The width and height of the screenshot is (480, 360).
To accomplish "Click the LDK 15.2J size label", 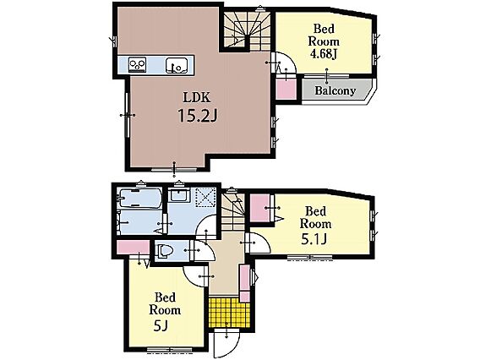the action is pos(198,117).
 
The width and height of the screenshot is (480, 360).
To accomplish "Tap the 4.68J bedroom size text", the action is pos(324,54).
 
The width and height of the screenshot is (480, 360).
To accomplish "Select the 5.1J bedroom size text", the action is pos(314,239).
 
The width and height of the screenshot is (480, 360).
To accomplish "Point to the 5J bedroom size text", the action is pos(161,327).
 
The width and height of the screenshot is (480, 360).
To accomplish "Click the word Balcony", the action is pos(335,90).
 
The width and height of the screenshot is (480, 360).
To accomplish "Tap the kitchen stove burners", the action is pos(137,64).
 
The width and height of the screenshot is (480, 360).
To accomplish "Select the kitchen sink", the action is pos(176,65).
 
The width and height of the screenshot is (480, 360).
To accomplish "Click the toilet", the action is pos(166,251).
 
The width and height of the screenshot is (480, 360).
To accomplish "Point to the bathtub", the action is pos(140,199).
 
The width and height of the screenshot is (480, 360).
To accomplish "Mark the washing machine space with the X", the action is pos(205,197).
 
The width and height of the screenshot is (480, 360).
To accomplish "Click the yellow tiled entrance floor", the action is pos(229,312).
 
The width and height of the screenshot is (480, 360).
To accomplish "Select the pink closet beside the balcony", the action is pos(286,88).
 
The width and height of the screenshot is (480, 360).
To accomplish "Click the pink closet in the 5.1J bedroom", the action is pos(260,208).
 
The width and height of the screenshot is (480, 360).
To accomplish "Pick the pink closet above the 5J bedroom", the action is pos(134,248).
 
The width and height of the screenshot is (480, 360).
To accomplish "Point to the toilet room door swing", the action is pos(204,251).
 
